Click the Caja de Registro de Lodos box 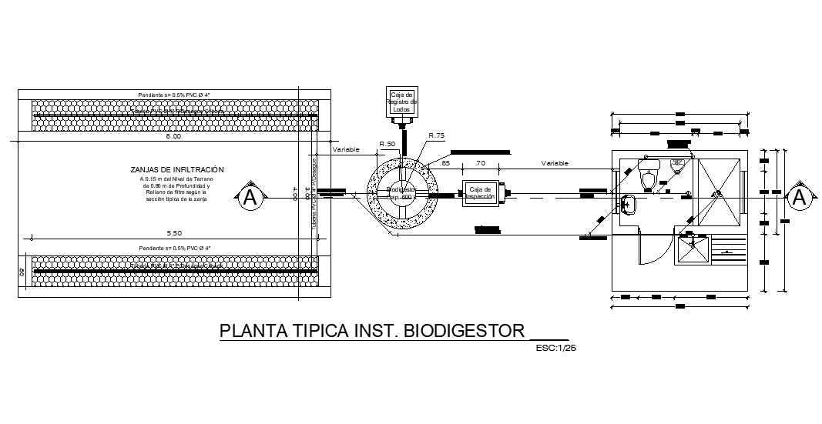pyautogui.click(x=401, y=102)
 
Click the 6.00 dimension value pyautogui.click(x=173, y=137)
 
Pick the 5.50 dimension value pyautogui.click(x=173, y=232)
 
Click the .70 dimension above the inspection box pyautogui.click(x=481, y=163)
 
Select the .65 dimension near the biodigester pyautogui.click(x=445, y=163)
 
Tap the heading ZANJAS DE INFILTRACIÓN pyautogui.click(x=177, y=169)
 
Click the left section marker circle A pyautogui.click(x=249, y=198)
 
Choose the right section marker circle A pyautogui.click(x=800, y=198)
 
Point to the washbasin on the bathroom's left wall pyautogui.click(x=627, y=204)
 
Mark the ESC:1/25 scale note pyautogui.click(x=555, y=348)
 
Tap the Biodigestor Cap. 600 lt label pyautogui.click(x=401, y=192)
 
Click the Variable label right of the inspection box pyautogui.click(x=554, y=163)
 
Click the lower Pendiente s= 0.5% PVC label pyautogui.click(x=174, y=248)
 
